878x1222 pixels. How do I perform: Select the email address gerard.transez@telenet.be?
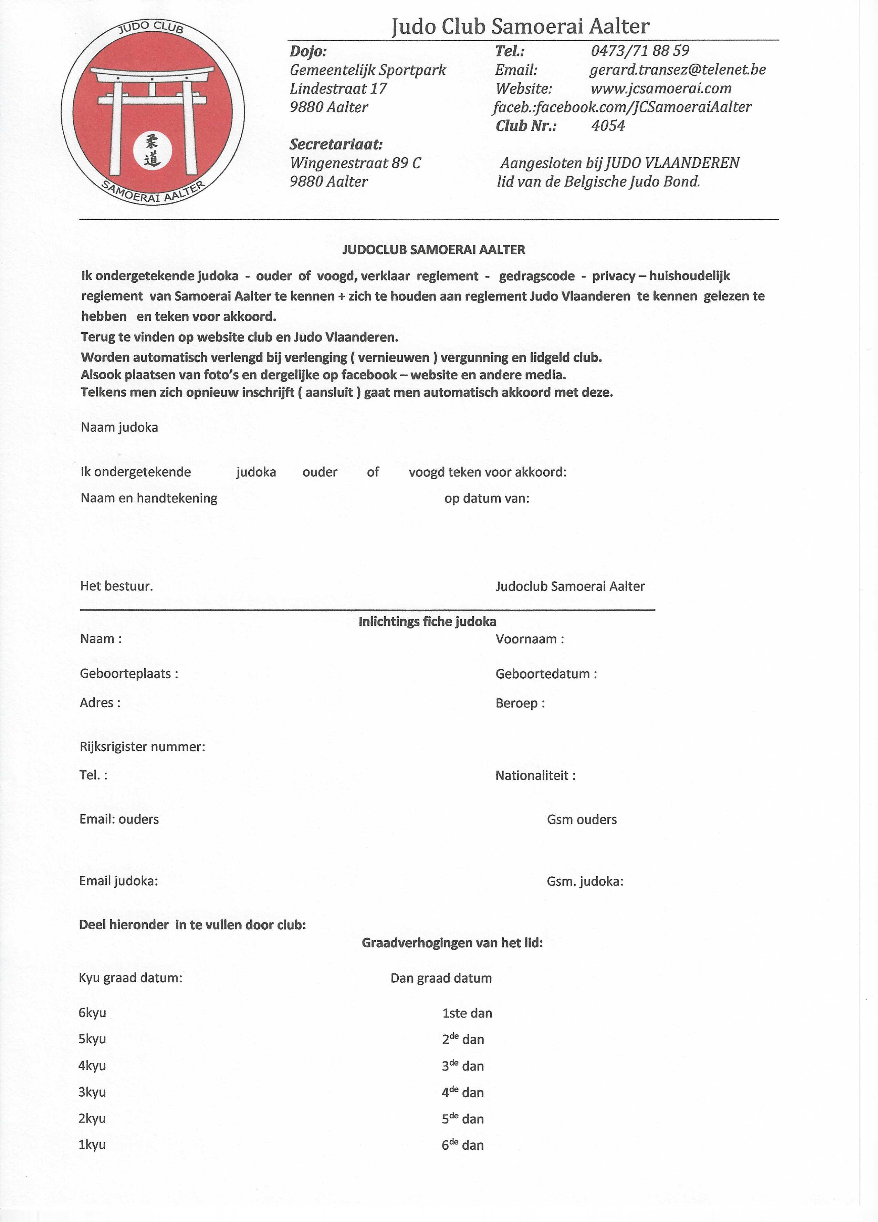(x=677, y=70)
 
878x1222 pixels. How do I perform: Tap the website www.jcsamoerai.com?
(x=661, y=88)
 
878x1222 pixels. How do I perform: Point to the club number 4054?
(x=608, y=126)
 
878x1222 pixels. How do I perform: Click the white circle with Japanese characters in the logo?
(x=153, y=150)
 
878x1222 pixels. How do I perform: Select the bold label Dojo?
(x=308, y=51)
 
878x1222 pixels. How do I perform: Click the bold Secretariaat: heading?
(x=336, y=144)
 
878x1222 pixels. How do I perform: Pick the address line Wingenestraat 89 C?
(x=356, y=163)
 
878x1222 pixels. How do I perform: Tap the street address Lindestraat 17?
(x=338, y=88)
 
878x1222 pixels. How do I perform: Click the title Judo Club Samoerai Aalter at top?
(x=520, y=26)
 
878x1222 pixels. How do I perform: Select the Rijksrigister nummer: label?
(x=143, y=747)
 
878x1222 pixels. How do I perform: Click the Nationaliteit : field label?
(x=535, y=775)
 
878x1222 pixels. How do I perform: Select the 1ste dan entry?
(x=467, y=1013)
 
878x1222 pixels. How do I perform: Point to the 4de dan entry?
(x=463, y=1092)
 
